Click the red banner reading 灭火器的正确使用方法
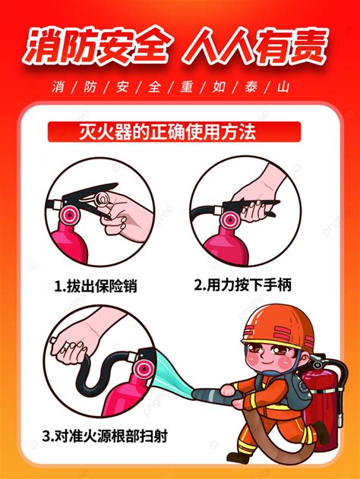174,131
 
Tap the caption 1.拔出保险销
96,286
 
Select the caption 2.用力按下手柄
243,285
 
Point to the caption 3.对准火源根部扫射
105,436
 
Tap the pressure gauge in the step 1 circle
70,215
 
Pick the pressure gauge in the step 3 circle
143,369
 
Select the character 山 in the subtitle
283,87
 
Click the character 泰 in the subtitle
251,87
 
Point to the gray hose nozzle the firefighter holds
214,395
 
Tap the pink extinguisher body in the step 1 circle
69,244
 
